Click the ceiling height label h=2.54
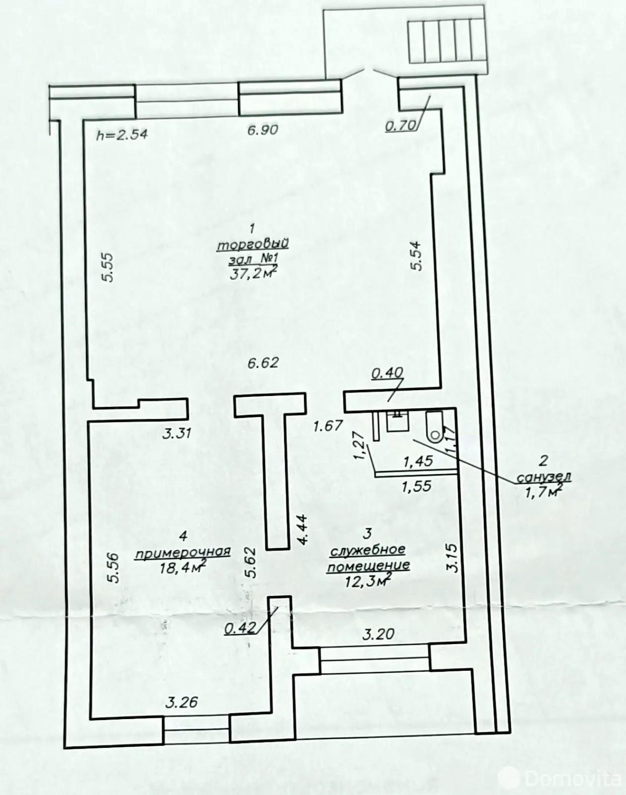(x=122, y=134)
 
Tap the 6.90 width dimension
(x=263, y=130)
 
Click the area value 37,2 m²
(x=253, y=273)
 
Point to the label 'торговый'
(x=253, y=245)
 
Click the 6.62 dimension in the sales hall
(x=263, y=363)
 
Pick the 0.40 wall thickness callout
(x=388, y=373)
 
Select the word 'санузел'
(x=544, y=477)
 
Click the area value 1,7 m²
(x=544, y=492)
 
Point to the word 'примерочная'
(x=183, y=552)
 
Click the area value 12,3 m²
(x=368, y=580)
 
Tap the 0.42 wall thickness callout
(x=240, y=628)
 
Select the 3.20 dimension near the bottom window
(x=378, y=634)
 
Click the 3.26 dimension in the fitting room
(x=181, y=702)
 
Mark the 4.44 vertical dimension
(x=303, y=530)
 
